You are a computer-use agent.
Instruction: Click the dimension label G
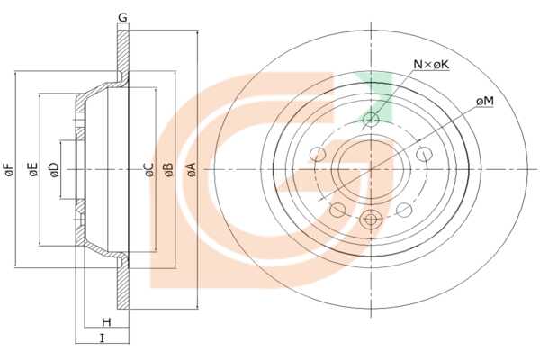click(x=122, y=17)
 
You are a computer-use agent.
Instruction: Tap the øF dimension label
click(x=10, y=169)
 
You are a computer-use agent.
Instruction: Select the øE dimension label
click(x=33, y=169)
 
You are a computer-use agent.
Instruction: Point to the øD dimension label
click(x=54, y=169)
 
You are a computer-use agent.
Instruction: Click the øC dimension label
click(x=149, y=169)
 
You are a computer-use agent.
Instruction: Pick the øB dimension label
click(x=169, y=169)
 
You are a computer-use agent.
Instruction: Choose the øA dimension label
click(x=192, y=169)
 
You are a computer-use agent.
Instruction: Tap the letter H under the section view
click(x=107, y=322)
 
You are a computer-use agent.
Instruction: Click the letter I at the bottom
click(x=102, y=338)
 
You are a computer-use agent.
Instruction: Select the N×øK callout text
click(x=431, y=64)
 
